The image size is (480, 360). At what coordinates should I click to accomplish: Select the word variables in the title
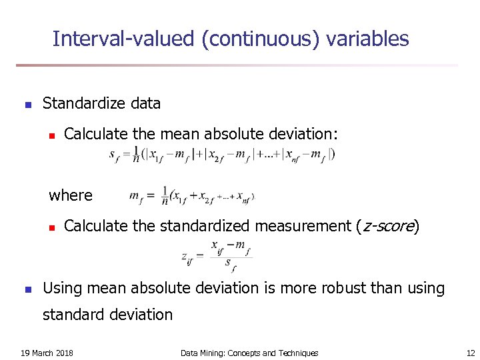click(x=367, y=39)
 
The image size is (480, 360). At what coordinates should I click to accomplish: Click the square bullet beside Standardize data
click(x=27, y=105)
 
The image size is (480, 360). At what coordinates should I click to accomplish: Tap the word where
click(x=71, y=195)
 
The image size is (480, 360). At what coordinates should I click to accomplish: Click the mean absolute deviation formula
click(x=222, y=154)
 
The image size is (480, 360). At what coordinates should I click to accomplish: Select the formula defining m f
click(x=192, y=196)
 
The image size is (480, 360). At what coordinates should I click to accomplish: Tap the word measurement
click(x=303, y=226)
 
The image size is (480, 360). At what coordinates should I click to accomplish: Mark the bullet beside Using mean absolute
click(x=27, y=289)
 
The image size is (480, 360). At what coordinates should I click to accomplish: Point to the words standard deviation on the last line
click(x=107, y=314)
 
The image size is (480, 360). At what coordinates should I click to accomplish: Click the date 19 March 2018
click(x=47, y=353)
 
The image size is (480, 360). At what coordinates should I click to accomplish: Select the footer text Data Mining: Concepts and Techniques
click(x=249, y=353)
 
